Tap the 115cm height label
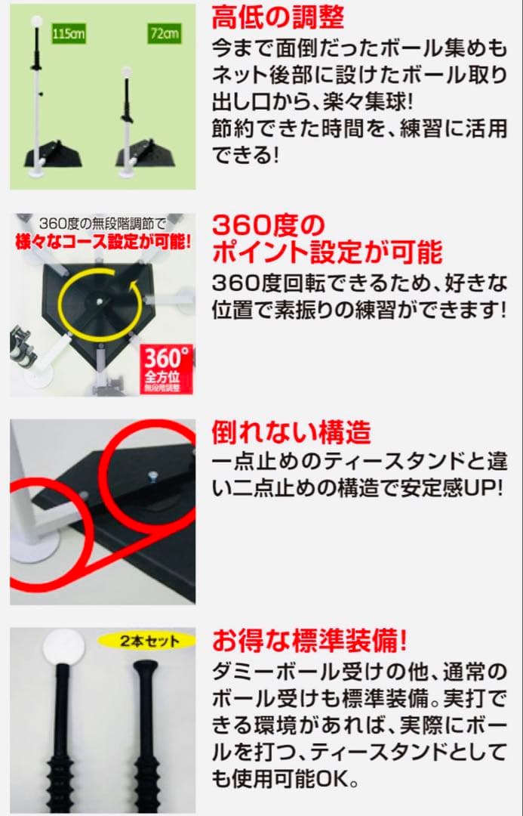tap(67, 34)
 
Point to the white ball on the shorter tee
tap(127, 73)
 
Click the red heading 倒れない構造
tap(291, 432)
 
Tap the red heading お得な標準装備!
tap(309, 641)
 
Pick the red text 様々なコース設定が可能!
tap(102, 243)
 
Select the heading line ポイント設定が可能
tap(327, 252)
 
